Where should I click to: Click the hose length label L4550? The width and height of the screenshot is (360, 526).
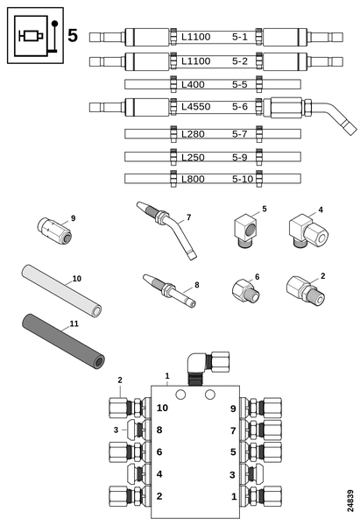click(x=195, y=107)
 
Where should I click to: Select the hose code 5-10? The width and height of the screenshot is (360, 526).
click(x=243, y=179)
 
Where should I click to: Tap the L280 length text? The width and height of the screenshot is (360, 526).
click(x=193, y=134)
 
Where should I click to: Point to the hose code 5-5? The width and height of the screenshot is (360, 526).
click(x=240, y=84)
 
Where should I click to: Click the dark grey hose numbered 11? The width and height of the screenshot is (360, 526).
click(x=63, y=339)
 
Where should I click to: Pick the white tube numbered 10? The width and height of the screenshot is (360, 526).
click(x=61, y=290)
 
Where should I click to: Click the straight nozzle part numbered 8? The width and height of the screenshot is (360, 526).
click(x=169, y=290)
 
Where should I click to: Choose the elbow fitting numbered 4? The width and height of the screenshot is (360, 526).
click(x=307, y=232)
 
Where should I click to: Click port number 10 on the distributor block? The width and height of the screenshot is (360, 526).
click(x=162, y=408)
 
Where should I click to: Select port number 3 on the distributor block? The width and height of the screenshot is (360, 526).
click(x=232, y=475)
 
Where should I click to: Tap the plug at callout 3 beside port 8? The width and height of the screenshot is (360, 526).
click(x=138, y=430)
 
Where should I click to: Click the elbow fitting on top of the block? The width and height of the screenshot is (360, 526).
click(x=208, y=367)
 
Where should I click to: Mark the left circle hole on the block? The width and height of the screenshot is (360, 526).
click(x=180, y=394)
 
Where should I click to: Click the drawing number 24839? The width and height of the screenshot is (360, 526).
click(x=350, y=501)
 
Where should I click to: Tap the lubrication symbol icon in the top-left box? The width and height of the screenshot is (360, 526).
click(x=36, y=36)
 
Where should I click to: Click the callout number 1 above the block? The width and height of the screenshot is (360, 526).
click(x=167, y=376)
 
